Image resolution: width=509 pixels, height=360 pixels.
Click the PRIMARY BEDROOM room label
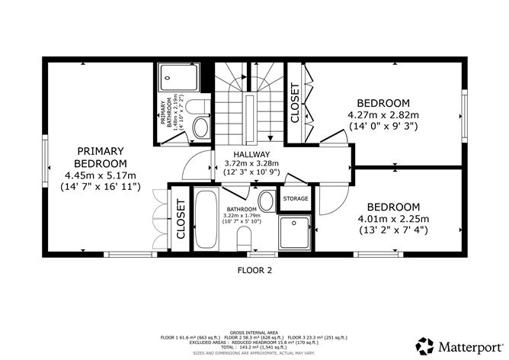(100, 156)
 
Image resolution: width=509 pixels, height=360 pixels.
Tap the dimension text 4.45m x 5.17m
(100, 174)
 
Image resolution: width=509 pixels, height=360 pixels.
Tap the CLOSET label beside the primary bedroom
(181, 220)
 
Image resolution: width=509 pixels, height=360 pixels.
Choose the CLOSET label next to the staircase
(295, 102)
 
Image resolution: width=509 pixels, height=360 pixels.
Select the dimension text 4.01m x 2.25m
(393, 219)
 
